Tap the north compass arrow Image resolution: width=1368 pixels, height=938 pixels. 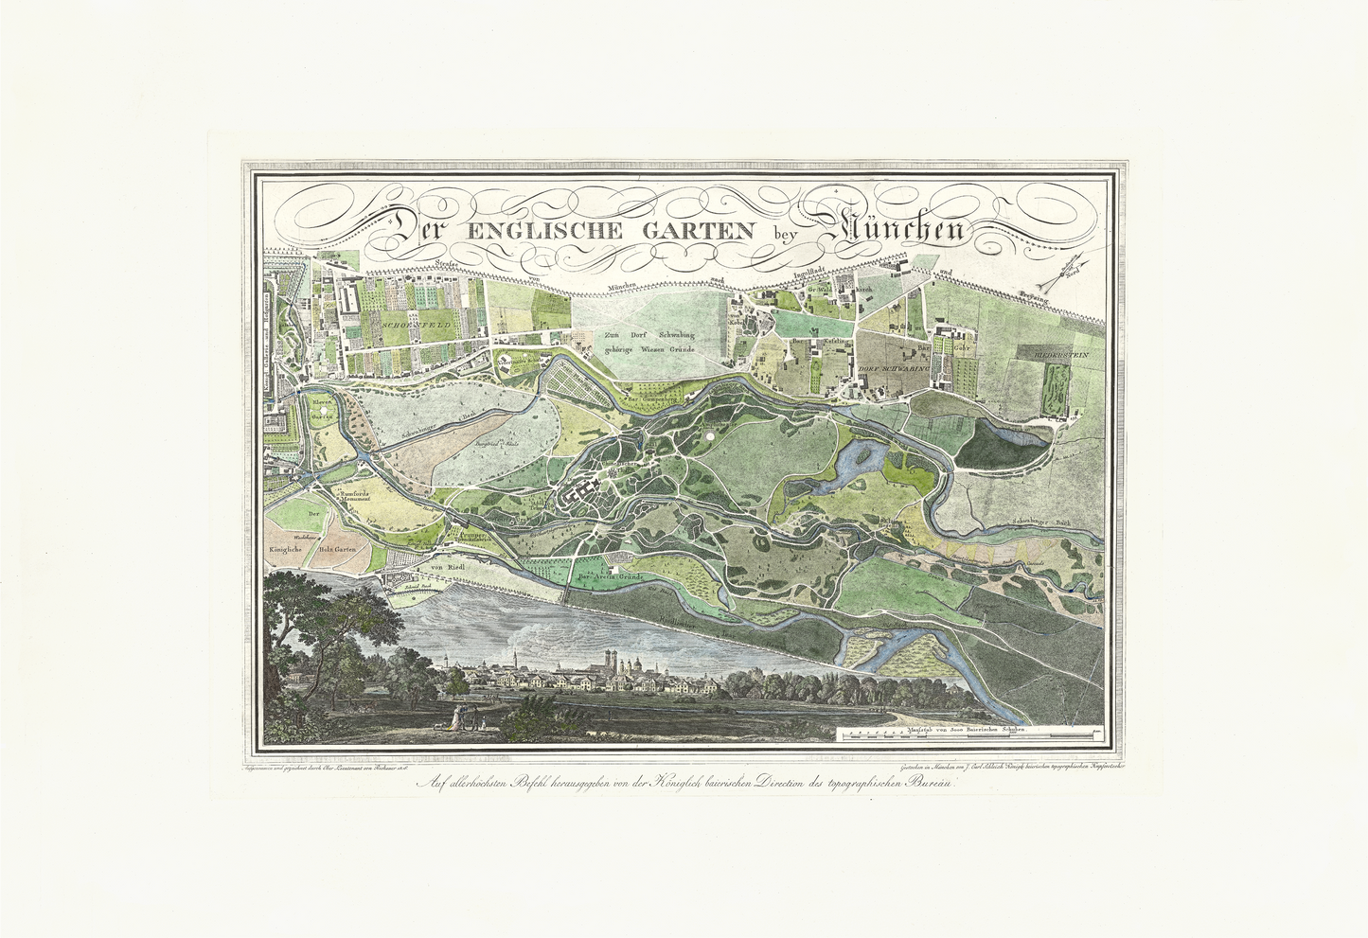(x=1065, y=275)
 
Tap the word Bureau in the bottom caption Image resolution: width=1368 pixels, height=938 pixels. (x=933, y=783)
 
